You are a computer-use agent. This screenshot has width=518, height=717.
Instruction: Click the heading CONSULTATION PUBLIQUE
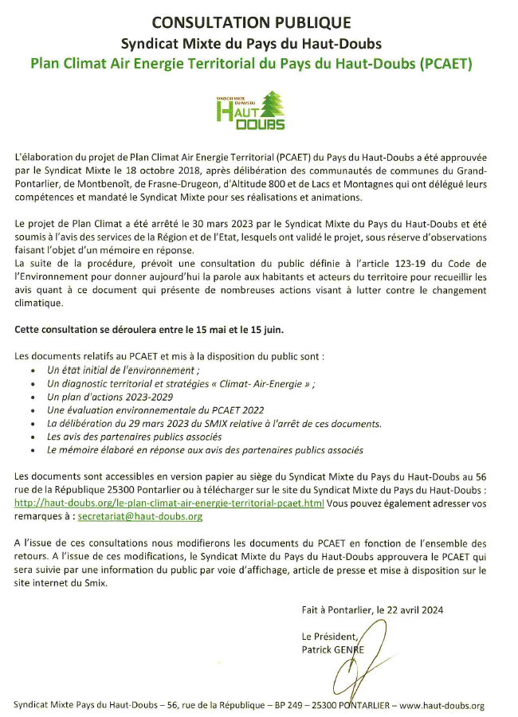[x=251, y=23]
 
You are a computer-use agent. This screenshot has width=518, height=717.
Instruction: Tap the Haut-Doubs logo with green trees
[x=250, y=110]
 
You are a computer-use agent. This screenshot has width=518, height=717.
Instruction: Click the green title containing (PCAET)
[x=251, y=64]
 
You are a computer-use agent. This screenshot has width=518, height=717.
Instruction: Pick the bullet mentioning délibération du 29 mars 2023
[x=214, y=423]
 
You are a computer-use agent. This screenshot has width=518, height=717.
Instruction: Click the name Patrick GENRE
[x=332, y=649]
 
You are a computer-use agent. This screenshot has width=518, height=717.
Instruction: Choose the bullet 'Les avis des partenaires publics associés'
[x=134, y=437]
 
